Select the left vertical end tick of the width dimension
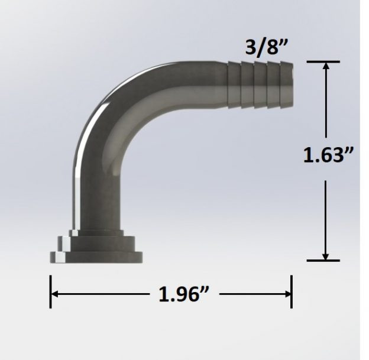click(51, 294)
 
